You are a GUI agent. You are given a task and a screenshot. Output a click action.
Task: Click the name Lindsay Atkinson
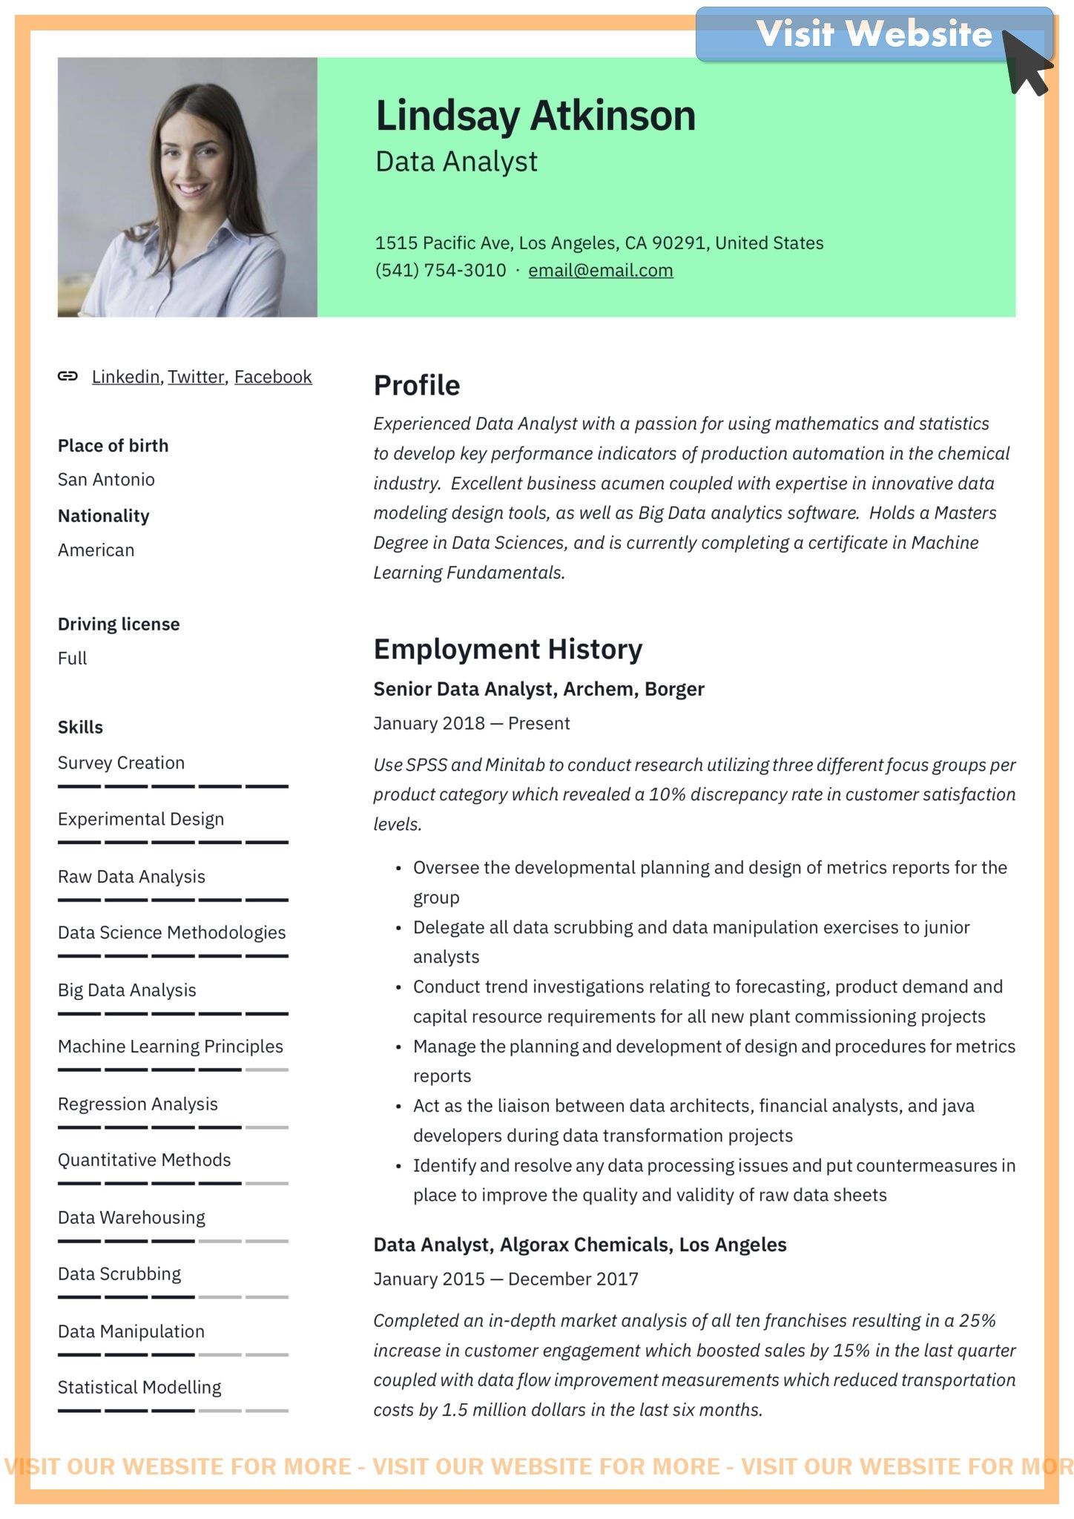(x=536, y=116)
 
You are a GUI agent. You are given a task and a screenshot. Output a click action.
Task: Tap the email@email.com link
(x=600, y=271)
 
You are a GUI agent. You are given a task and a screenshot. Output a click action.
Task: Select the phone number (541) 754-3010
(x=441, y=271)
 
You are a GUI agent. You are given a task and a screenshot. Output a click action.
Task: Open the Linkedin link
(x=125, y=377)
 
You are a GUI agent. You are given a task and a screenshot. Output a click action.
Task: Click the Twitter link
(x=196, y=377)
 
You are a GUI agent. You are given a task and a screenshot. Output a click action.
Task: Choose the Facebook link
(x=273, y=377)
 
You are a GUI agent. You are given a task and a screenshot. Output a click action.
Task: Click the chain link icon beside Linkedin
(x=67, y=376)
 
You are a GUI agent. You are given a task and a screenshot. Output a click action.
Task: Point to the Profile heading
(x=417, y=386)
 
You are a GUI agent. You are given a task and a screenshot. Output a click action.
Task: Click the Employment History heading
(x=508, y=649)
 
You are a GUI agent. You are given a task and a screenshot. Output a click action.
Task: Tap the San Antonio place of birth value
(x=106, y=480)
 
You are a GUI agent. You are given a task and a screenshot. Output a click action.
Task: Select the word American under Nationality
(x=96, y=550)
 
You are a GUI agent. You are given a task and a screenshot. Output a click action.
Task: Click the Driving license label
(x=119, y=625)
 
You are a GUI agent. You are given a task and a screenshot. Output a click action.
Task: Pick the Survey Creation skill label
(x=121, y=763)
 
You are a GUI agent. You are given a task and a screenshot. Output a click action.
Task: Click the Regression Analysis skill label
(x=138, y=1104)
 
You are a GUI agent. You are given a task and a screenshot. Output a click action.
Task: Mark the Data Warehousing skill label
(x=131, y=1218)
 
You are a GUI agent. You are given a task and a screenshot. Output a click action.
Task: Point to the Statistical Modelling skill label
(x=139, y=1388)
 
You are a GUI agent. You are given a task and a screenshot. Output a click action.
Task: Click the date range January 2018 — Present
(x=472, y=724)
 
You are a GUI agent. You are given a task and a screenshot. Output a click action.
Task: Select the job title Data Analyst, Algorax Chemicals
(x=579, y=1245)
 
